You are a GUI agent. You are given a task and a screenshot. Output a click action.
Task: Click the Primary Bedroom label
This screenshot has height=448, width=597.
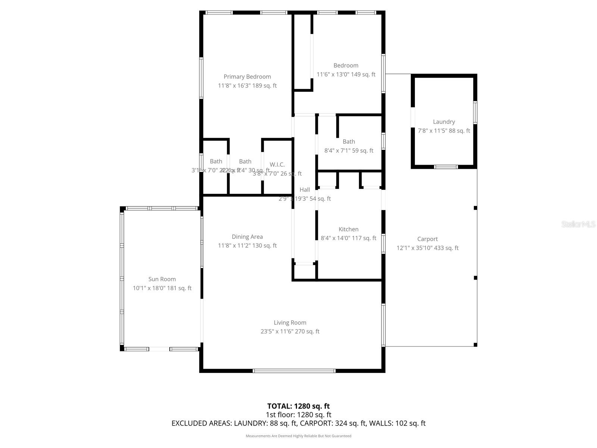pyautogui.click(x=247, y=77)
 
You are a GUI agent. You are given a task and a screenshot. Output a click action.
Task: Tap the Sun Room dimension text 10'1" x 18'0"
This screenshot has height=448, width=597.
pyautogui.click(x=162, y=288)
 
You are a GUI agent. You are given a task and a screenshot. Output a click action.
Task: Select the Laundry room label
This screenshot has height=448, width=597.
pyautogui.click(x=444, y=122)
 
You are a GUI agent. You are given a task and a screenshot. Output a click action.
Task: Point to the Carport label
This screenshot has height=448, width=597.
pyautogui.click(x=427, y=239)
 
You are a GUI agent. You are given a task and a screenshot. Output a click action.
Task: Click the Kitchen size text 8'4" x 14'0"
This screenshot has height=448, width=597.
pyautogui.click(x=348, y=238)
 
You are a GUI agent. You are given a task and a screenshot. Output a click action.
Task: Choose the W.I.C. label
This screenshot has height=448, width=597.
pyautogui.click(x=277, y=165)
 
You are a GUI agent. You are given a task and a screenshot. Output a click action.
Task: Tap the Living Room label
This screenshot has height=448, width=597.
pyautogui.click(x=290, y=323)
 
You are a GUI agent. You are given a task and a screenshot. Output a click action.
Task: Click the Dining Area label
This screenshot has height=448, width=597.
pyautogui.click(x=247, y=237)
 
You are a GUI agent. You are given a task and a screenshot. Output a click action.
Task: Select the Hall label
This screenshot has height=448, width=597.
pyautogui.click(x=304, y=190)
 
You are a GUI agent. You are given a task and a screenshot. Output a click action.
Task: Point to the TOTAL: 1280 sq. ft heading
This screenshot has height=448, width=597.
pyautogui.click(x=298, y=406)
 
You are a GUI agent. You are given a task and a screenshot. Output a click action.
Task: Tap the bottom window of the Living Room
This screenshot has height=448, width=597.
pyautogui.click(x=294, y=371)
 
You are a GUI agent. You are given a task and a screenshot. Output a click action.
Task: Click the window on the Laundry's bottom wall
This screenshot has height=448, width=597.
pyautogui.click(x=446, y=167)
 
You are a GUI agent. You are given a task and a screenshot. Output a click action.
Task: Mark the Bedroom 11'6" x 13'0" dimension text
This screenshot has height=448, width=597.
pyautogui.click(x=346, y=74)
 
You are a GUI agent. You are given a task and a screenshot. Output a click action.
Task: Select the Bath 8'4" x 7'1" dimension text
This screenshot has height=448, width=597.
pyautogui.click(x=348, y=150)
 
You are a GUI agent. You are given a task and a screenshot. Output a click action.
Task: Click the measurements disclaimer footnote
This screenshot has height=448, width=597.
pyautogui.click(x=298, y=436)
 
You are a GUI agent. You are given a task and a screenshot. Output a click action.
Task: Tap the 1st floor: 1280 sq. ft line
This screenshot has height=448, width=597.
pyautogui.click(x=298, y=415)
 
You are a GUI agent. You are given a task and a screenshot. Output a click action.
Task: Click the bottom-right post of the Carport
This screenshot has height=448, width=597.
pyautogui.click(x=475, y=345)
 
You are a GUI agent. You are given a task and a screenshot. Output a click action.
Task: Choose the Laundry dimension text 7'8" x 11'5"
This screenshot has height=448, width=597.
pyautogui.click(x=444, y=131)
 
